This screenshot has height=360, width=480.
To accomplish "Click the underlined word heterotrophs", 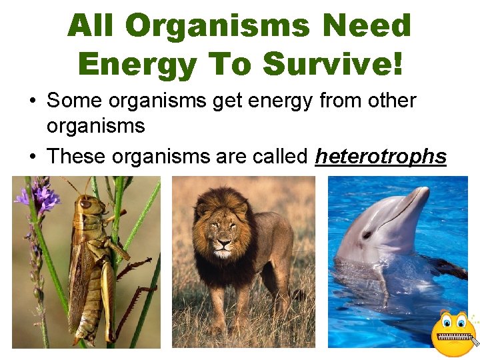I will (380, 157).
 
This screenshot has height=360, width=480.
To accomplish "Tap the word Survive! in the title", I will (333, 64).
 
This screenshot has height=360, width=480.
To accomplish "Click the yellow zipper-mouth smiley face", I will (453, 333).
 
